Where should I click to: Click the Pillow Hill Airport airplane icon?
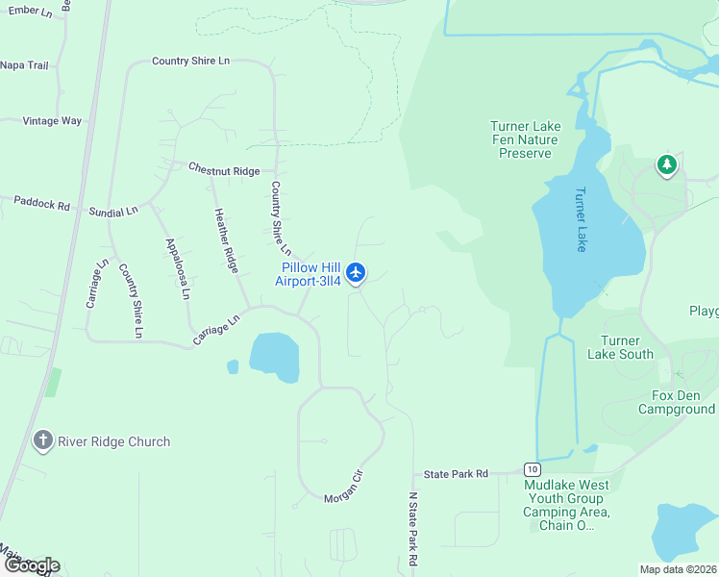357,273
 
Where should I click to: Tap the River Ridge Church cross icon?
42,441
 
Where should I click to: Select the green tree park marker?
666,166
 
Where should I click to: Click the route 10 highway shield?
533,468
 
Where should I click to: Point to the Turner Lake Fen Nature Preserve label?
525,139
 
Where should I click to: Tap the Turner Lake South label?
627,347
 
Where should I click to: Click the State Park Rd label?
457,474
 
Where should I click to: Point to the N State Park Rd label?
412,529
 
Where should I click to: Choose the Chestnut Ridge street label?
224,169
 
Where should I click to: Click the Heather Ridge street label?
226,239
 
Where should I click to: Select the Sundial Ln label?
113,211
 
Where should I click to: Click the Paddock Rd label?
42,204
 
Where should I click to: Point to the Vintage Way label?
53,121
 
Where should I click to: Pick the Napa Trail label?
24,65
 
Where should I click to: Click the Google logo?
31,565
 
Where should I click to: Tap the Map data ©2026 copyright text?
677,569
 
